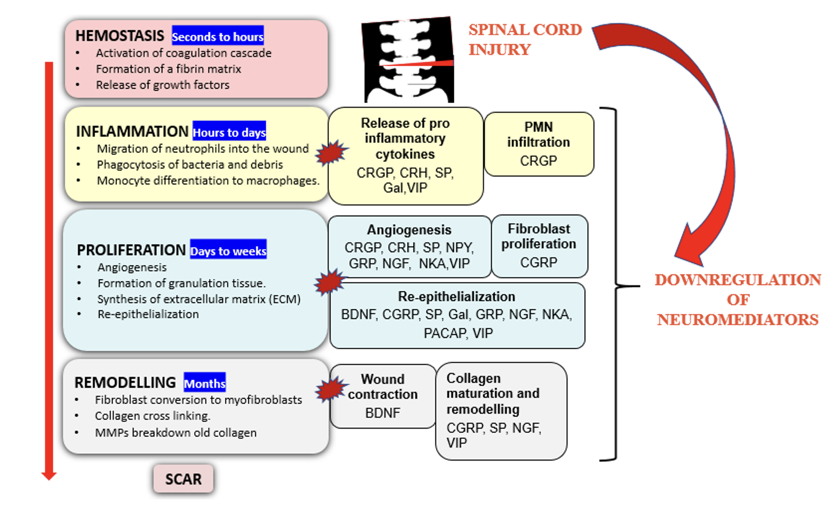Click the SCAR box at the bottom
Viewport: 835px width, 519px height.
pyautogui.click(x=183, y=479)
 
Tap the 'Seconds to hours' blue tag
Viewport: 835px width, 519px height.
pyautogui.click(x=218, y=36)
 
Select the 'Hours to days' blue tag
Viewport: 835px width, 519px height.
pyautogui.click(x=229, y=132)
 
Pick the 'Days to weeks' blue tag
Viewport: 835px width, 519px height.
pyautogui.click(x=228, y=250)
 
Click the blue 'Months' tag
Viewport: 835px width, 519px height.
pyautogui.click(x=204, y=383)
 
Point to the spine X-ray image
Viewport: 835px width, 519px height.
pyautogui.click(x=408, y=61)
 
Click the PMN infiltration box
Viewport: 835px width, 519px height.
pyautogui.click(x=538, y=144)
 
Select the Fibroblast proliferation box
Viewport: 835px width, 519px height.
pyautogui.click(x=539, y=246)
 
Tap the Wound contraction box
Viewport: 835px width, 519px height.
pyautogui.click(x=383, y=396)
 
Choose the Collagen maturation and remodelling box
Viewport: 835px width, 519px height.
pyautogui.click(x=500, y=411)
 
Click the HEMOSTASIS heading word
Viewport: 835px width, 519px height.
pyautogui.click(x=119, y=36)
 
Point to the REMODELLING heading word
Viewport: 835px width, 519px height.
pyautogui.click(x=125, y=383)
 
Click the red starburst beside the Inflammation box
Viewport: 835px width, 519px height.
pyautogui.click(x=330, y=152)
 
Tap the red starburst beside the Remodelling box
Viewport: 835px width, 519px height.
pyautogui.click(x=330, y=389)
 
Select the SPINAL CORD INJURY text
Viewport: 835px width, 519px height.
pyautogui.click(x=525, y=39)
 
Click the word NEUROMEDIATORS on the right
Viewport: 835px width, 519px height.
pyautogui.click(x=738, y=320)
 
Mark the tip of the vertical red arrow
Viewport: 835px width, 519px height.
pyautogui.click(x=49, y=477)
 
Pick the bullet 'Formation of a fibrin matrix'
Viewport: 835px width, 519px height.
pyautogui.click(x=168, y=69)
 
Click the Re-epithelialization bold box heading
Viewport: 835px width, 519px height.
pyautogui.click(x=456, y=296)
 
